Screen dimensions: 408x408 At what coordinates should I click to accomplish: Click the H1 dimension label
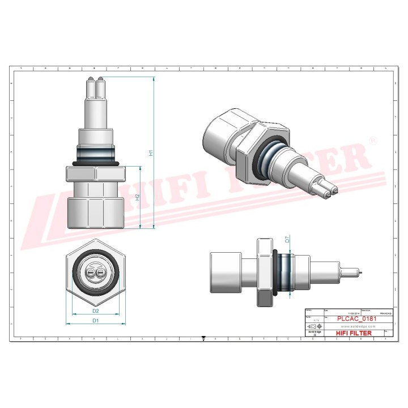150,152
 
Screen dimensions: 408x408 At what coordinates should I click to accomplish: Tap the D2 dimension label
96,311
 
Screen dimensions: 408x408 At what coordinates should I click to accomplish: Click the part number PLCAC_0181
355,319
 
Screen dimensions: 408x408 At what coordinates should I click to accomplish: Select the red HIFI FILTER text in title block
354,333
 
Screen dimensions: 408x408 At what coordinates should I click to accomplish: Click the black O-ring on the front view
96,163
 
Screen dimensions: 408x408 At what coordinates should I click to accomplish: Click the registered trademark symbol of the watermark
373,140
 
